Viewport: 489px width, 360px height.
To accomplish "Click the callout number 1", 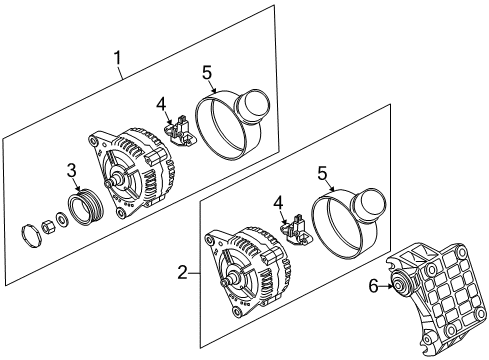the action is [117, 58].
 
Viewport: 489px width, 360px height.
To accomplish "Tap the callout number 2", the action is [182, 273].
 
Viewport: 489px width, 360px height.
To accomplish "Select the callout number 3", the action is [72, 170].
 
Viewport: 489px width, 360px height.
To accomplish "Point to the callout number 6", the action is [373, 286].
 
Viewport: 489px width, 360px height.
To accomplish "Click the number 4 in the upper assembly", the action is [161, 105].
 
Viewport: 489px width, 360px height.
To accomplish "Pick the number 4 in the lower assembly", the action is [278, 203].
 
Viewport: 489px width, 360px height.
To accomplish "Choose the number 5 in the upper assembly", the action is [207, 72].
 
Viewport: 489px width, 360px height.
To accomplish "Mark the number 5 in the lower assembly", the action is [322, 174].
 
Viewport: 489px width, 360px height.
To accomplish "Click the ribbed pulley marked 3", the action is [86, 206].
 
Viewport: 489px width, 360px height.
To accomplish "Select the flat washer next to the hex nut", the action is [62, 218].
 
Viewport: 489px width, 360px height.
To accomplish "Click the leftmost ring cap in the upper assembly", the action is [31, 236].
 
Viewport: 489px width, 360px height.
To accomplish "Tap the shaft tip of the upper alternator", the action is [109, 184].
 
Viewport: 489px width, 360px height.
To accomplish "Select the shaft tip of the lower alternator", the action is [224, 282].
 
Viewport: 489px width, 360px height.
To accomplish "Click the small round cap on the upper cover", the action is [252, 106].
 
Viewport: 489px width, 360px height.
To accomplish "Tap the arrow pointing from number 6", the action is [386, 286].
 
